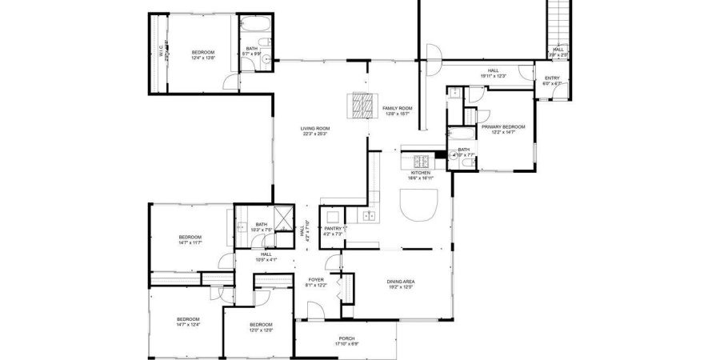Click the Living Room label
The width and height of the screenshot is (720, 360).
[x=315, y=128]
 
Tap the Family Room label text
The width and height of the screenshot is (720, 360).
[x=397, y=108]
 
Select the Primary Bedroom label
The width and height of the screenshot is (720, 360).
[x=502, y=126]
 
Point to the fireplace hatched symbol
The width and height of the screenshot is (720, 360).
[x=361, y=106]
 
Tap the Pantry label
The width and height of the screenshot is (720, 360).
[x=333, y=229]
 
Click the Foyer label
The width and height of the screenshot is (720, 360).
[x=315, y=279]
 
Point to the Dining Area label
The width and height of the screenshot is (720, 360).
[x=401, y=280]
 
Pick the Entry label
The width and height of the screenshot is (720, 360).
[x=552, y=78]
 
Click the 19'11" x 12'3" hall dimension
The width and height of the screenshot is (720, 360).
[x=493, y=76]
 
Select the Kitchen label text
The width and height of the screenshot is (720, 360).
[x=421, y=173]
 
